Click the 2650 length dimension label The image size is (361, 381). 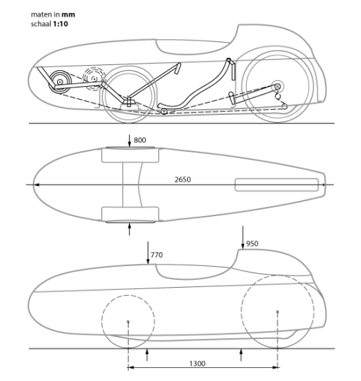point(183,179)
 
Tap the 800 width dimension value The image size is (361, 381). point(140,140)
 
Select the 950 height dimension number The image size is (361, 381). point(252,244)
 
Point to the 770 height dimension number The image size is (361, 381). point(157,255)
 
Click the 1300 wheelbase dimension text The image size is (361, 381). point(197,364)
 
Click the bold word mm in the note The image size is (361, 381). point(68,14)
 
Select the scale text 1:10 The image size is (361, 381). point(61,24)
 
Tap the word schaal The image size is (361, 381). point(41,24)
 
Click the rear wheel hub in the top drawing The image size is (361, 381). point(278,86)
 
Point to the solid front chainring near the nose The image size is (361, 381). point(59,82)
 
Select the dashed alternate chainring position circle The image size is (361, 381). point(94,78)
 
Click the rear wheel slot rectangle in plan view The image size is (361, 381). point(277,184)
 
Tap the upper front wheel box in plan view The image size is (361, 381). point(130,155)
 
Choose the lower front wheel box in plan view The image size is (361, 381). point(130,214)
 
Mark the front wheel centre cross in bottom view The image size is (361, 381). point(128,322)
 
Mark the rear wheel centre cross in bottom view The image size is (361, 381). point(277,312)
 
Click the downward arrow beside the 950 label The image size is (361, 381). point(243,237)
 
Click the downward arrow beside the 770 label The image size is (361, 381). point(148,253)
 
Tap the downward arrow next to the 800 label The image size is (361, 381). point(129,141)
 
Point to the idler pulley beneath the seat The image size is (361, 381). point(164,111)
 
